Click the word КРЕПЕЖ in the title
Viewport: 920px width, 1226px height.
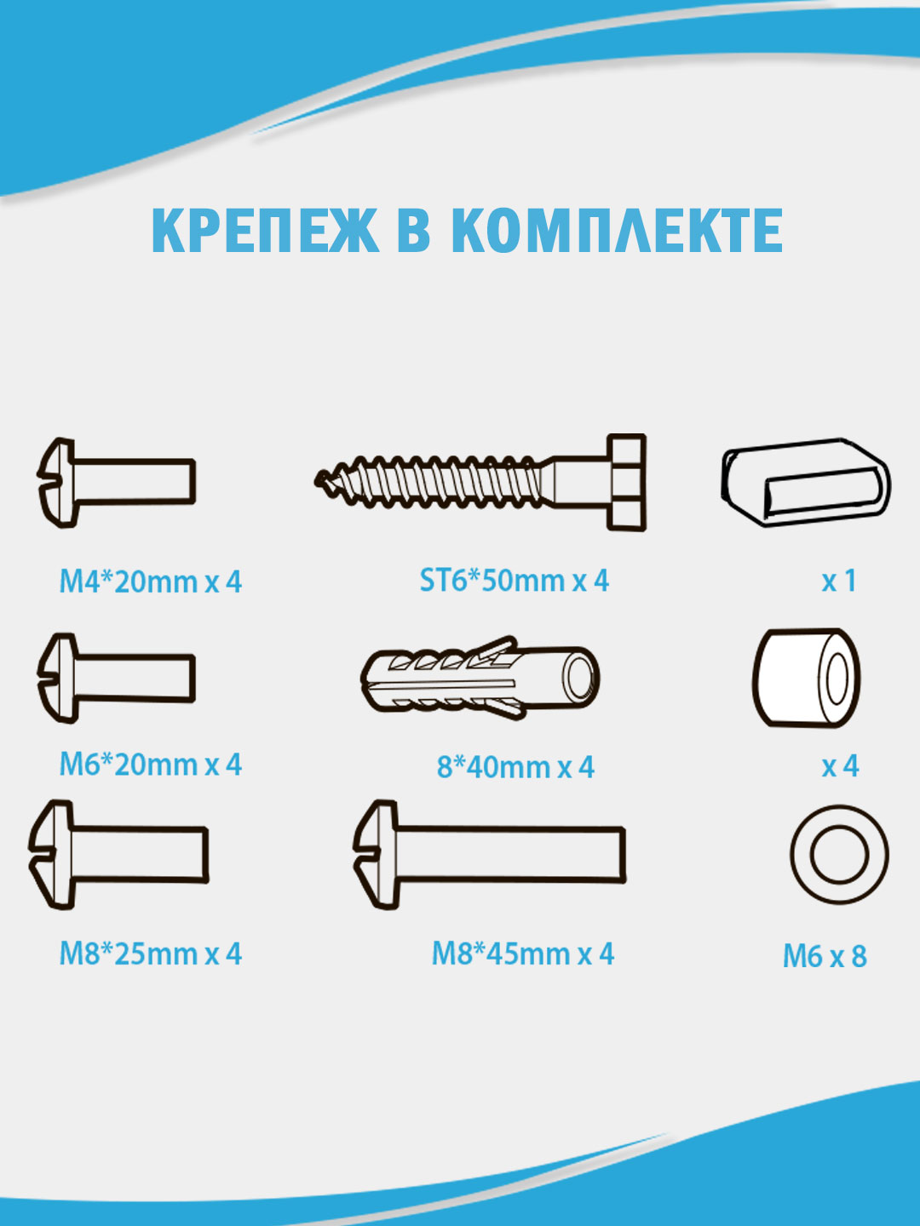coord(264,230)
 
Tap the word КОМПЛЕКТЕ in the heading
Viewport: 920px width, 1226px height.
coord(616,230)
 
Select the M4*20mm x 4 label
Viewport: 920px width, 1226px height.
coord(150,581)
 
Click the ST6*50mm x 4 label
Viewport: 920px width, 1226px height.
coord(514,581)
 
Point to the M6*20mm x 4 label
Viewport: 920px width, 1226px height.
coord(150,764)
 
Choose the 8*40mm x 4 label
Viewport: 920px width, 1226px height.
coord(515,767)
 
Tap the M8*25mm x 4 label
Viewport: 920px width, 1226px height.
coord(150,954)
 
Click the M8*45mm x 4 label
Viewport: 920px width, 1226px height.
coord(522,954)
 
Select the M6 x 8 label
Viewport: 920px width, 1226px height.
coord(825,956)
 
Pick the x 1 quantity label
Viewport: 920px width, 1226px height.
coord(838,581)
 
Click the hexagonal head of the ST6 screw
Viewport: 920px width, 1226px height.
coord(626,482)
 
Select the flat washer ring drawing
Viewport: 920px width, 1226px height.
coord(838,854)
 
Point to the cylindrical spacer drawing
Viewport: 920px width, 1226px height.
coord(805,679)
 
